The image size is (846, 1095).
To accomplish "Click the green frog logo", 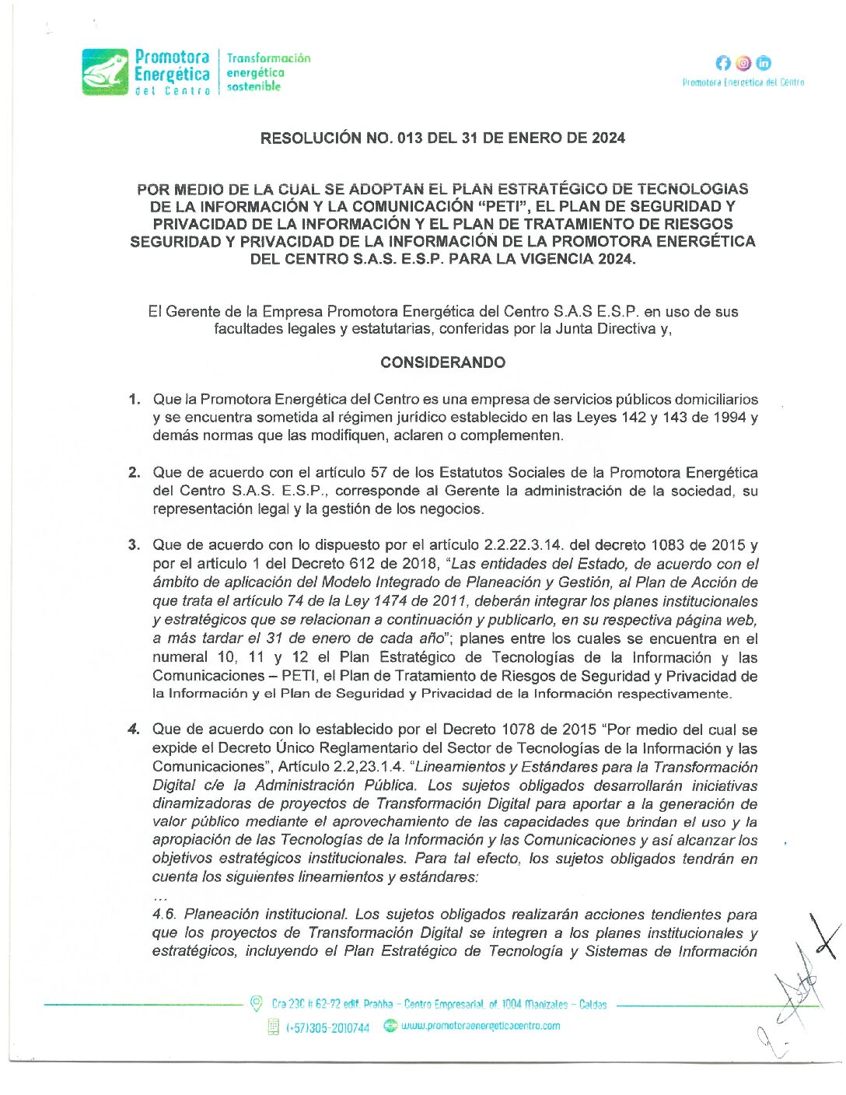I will pos(106,72).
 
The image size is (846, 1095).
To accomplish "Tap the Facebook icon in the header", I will pos(723,64).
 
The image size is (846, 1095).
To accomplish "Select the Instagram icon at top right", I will pos(743,64).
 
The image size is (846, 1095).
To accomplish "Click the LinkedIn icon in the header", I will pos(764,64).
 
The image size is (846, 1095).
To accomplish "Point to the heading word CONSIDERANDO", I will pos(442,362).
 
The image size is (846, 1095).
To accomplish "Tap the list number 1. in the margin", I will pos(135,400).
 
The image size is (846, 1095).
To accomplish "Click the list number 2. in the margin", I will pos(135,473).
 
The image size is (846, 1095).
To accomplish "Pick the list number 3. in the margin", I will pos(135,545).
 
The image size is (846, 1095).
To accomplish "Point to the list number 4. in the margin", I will pos(135,729).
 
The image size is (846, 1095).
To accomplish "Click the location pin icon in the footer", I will pos(256,1004).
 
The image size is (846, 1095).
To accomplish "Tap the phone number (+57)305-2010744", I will pos(327,1028).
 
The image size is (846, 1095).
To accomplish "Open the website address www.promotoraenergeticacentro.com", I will pos(481,1026).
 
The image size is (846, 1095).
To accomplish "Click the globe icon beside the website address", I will pos(390,1027).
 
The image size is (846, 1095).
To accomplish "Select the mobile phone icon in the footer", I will pos(273,1027).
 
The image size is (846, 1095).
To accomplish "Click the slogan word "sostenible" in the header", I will pos(253,87).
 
